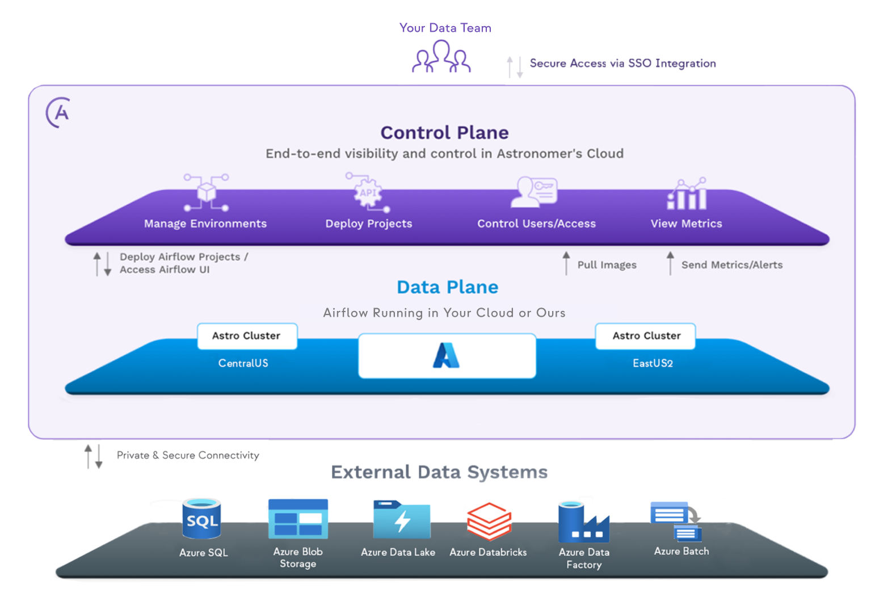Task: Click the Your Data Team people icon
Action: pyautogui.click(x=441, y=57)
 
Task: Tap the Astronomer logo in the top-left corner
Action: pyautogui.click(x=58, y=112)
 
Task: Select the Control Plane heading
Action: pyautogui.click(x=444, y=132)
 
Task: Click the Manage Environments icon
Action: pyautogui.click(x=206, y=192)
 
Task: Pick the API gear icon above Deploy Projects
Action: pyautogui.click(x=368, y=192)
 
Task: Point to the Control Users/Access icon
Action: pyautogui.click(x=535, y=191)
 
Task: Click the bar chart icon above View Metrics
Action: pyautogui.click(x=687, y=194)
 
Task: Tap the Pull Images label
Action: pyautogui.click(x=607, y=265)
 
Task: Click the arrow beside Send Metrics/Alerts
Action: pyautogui.click(x=670, y=263)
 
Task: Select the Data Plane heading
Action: pyautogui.click(x=447, y=287)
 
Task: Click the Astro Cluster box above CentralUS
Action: pyautogui.click(x=247, y=336)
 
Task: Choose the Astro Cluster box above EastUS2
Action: pyautogui.click(x=646, y=336)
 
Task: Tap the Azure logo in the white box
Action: pyautogui.click(x=446, y=356)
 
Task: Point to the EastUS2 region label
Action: pyautogui.click(x=653, y=363)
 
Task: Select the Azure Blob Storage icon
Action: pyautogui.click(x=298, y=519)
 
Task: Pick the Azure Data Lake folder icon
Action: pyautogui.click(x=401, y=519)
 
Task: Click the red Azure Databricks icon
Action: pyautogui.click(x=489, y=521)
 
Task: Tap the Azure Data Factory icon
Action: pyautogui.click(x=583, y=522)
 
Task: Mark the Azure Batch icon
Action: pyautogui.click(x=677, y=520)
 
